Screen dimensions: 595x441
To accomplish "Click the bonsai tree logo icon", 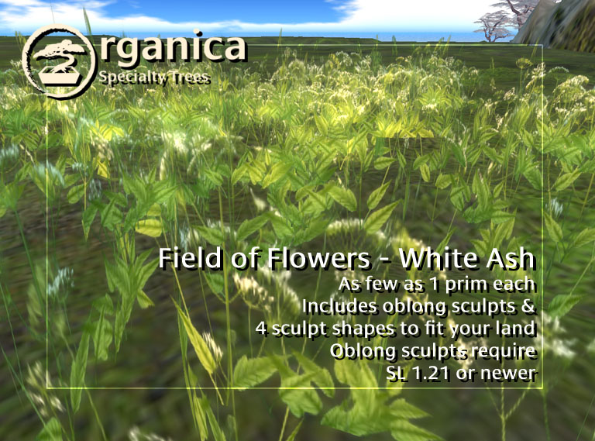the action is [x=58, y=60].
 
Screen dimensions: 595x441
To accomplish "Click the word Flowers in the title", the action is [x=318, y=258].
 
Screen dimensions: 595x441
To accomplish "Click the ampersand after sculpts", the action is [x=528, y=306].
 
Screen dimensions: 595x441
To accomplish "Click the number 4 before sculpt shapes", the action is [x=260, y=329].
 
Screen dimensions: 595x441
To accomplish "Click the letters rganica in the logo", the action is [x=173, y=49].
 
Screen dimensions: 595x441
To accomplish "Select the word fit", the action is [x=436, y=329].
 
